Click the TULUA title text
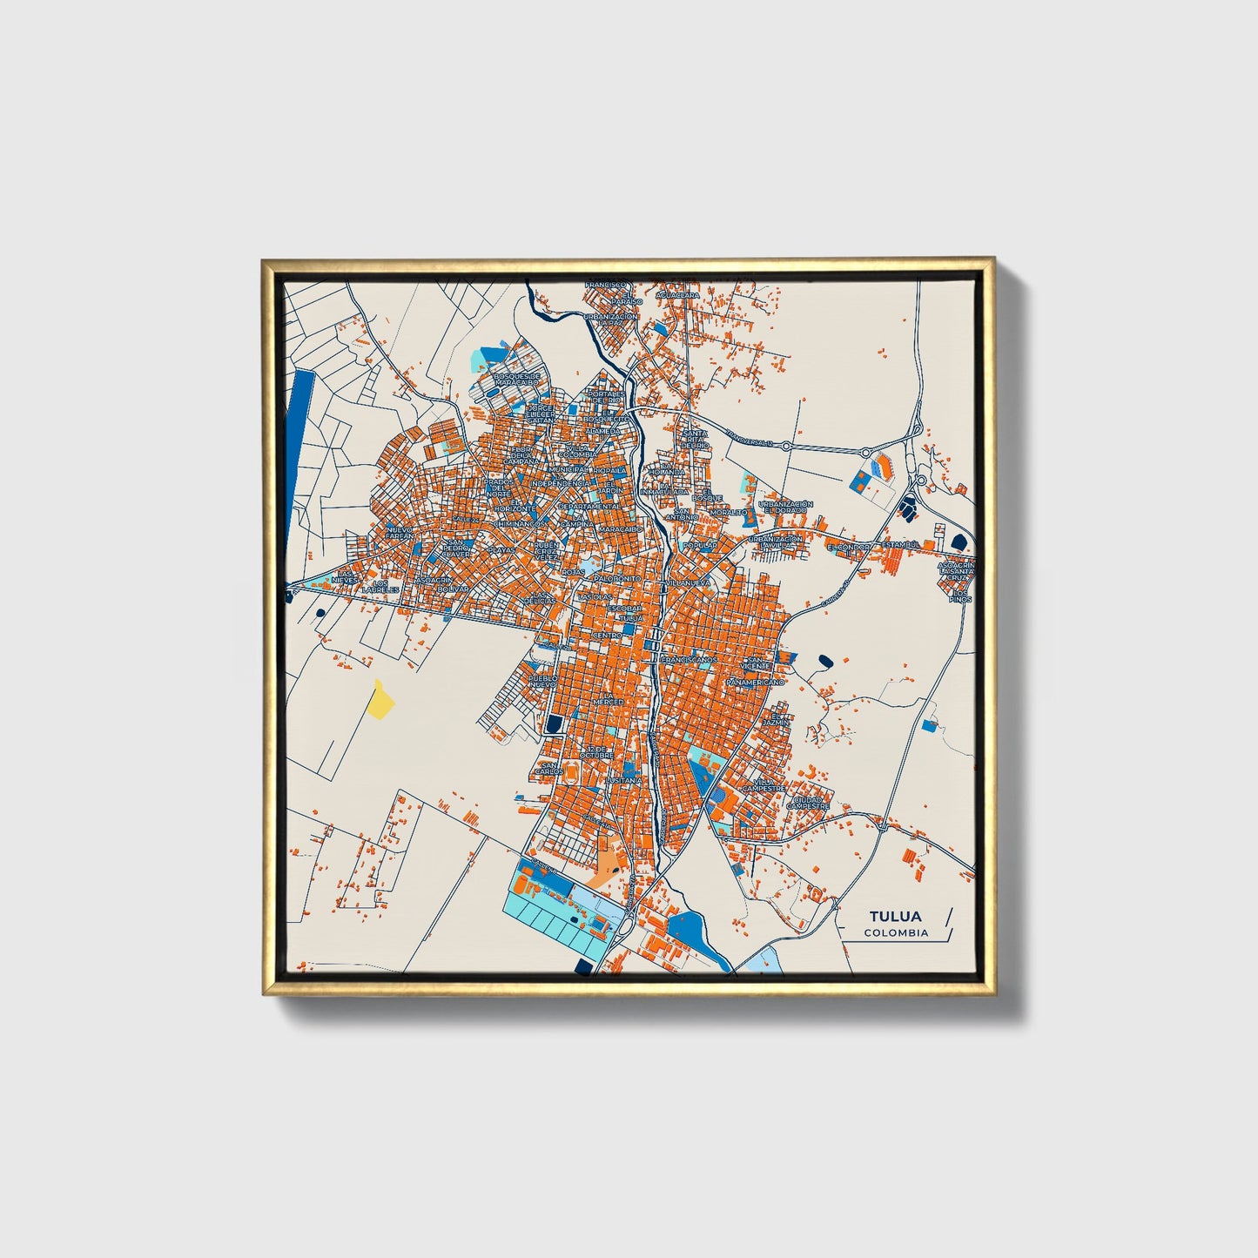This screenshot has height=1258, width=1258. [895, 916]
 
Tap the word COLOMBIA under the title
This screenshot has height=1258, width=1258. [896, 933]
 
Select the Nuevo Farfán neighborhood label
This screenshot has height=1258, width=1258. [400, 532]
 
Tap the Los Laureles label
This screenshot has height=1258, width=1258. [380, 586]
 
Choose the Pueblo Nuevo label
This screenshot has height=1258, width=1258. [542, 681]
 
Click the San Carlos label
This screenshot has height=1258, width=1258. [548, 768]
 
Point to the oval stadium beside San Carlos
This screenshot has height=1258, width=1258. [571, 771]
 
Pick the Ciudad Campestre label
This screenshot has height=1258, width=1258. [807, 802]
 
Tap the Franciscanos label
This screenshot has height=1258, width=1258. [688, 660]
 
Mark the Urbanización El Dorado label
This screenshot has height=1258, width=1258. [785, 507]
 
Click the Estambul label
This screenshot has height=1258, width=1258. [900, 545]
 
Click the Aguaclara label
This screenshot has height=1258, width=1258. [677, 295]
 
